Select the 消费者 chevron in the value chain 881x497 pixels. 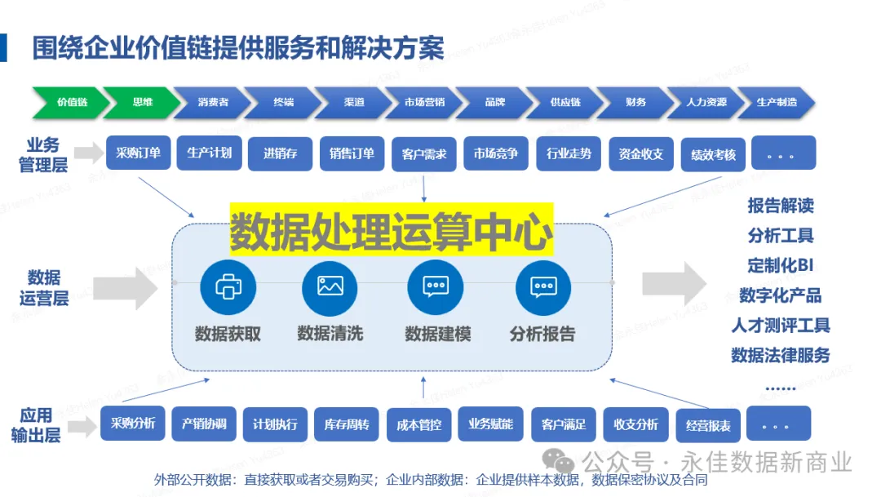[213, 103]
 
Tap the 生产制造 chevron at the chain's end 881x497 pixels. [776, 103]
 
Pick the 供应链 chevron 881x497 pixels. [565, 103]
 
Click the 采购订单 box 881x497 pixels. [138, 153]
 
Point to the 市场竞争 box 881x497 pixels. [496, 153]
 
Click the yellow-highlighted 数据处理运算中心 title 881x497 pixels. [391, 231]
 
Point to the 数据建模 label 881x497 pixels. [437, 334]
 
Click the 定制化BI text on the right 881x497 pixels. [781, 265]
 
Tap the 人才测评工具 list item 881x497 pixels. [781, 325]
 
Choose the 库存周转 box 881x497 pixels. [347, 424]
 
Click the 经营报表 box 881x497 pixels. [708, 425]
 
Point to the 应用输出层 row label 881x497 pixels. [36, 425]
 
